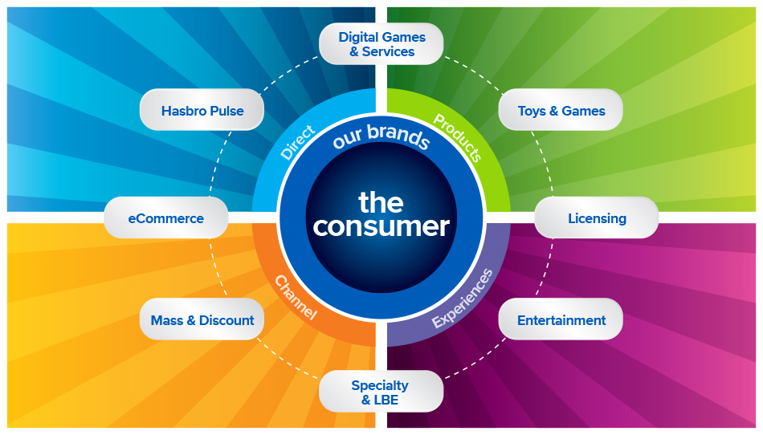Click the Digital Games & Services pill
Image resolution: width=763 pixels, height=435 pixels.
pos(381,44)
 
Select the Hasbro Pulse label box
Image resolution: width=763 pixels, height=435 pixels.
pos(202,111)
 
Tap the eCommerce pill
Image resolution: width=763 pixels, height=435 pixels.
pos(166,218)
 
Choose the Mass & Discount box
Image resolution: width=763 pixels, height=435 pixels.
pos(202,320)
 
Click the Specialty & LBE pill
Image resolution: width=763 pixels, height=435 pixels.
pos(381,392)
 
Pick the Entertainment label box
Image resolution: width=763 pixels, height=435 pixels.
pos(561,320)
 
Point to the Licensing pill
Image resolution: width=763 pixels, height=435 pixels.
pos(596,218)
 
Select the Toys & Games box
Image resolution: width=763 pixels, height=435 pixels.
pos(561,111)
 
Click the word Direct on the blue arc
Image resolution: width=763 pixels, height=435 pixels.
pos(299,141)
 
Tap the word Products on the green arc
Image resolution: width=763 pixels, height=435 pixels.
pos(458,137)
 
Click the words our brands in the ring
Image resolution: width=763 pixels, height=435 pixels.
pos(381,137)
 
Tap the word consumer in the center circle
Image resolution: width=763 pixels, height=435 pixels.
pos(381,226)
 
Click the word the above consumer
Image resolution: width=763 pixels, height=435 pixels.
pos(381,201)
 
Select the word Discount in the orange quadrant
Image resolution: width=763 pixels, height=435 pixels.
pos(226,320)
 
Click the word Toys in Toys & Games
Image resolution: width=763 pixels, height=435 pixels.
pos(532,111)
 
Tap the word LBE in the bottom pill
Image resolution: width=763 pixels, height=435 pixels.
pos(386,400)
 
